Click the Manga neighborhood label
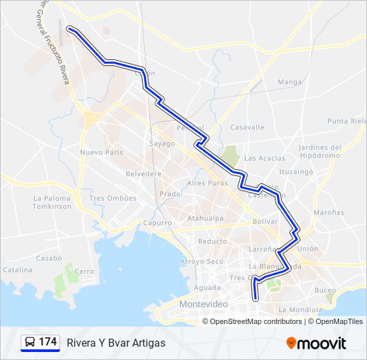290,82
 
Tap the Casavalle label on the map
247,127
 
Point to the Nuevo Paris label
101,152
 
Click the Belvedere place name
143,173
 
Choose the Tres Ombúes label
113,198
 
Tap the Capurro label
157,223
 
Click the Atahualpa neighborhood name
205,218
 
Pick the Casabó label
49,257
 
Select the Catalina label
17,270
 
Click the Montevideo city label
204,304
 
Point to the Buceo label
325,290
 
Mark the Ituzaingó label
296,171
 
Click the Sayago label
161,143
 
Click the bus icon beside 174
30,342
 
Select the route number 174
47,342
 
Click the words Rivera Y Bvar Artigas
115,343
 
